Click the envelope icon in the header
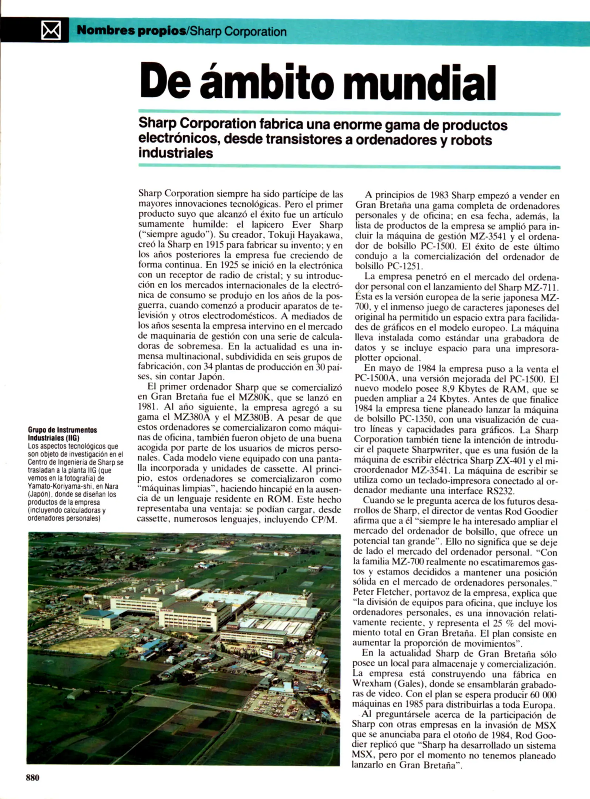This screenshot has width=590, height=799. point(51,30)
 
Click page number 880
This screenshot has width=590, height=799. point(33,778)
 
